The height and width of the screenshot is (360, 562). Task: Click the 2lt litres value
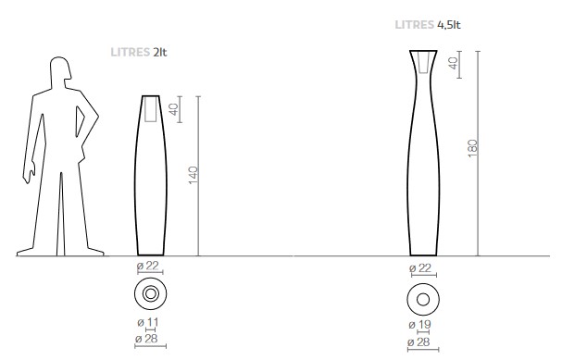(160, 53)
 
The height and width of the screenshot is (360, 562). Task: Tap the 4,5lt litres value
(449, 25)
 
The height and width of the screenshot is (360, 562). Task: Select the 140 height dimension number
(193, 175)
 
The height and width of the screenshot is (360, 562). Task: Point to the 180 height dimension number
(472, 148)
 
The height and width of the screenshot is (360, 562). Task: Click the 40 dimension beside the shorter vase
(173, 109)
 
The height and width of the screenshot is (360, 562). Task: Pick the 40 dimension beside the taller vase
(453, 64)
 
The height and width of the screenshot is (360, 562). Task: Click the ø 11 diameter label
(147, 322)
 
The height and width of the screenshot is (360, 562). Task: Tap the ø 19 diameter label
(419, 325)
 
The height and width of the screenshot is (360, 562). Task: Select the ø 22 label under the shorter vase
(147, 266)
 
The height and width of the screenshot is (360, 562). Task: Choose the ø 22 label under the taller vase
(420, 268)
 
